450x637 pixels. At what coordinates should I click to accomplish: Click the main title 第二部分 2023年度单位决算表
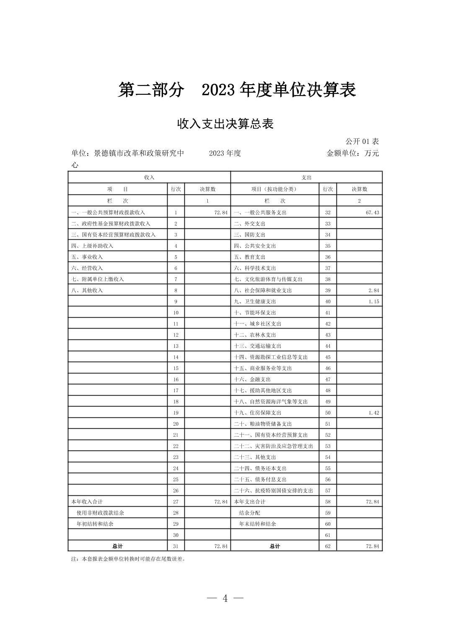tap(237, 90)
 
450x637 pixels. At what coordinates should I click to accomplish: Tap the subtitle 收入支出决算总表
tap(225, 124)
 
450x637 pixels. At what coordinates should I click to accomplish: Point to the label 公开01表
tap(362, 142)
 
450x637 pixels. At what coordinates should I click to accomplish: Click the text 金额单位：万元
tap(352, 153)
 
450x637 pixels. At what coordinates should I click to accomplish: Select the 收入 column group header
tap(149, 177)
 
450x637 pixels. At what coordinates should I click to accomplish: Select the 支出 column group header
tap(306, 177)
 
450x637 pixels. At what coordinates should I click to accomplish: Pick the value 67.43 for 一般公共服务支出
tap(372, 212)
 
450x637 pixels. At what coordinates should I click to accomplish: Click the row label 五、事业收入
tap(87, 257)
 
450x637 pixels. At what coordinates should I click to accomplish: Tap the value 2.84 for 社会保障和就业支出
tap(374, 290)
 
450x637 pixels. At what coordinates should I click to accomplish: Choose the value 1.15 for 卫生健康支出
tap(374, 301)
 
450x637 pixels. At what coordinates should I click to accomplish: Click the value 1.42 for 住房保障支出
tap(374, 413)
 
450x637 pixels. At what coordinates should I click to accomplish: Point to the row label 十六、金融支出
tap(252, 379)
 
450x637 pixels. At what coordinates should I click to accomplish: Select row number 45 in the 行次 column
tap(328, 357)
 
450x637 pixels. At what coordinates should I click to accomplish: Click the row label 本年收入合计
tap(87, 502)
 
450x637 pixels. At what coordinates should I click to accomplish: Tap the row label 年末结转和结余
tap(257, 524)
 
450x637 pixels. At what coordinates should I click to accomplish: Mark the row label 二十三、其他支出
tap(255, 457)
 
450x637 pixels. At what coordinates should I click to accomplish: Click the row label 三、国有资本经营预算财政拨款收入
tap(114, 235)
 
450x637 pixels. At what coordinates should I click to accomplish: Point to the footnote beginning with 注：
tap(128, 559)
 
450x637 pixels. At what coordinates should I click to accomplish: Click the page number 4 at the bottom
tap(225, 598)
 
